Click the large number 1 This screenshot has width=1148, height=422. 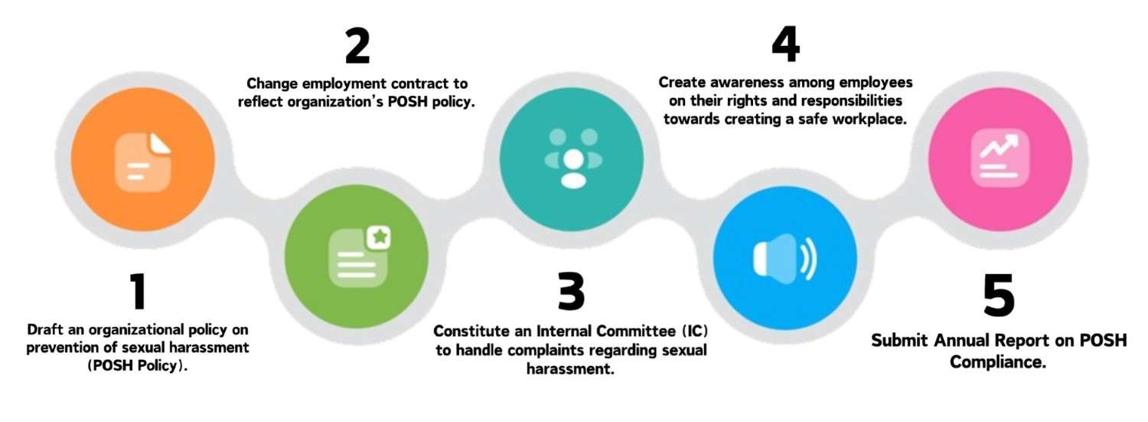click(x=138, y=293)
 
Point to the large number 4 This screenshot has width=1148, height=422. click(x=785, y=46)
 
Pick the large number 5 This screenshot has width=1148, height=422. click(x=999, y=296)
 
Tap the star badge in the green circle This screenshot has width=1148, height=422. click(x=378, y=237)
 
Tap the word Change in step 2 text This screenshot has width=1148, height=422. click(x=274, y=83)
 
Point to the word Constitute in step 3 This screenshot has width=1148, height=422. click(x=470, y=332)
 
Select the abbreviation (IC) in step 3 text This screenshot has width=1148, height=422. click(x=693, y=332)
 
